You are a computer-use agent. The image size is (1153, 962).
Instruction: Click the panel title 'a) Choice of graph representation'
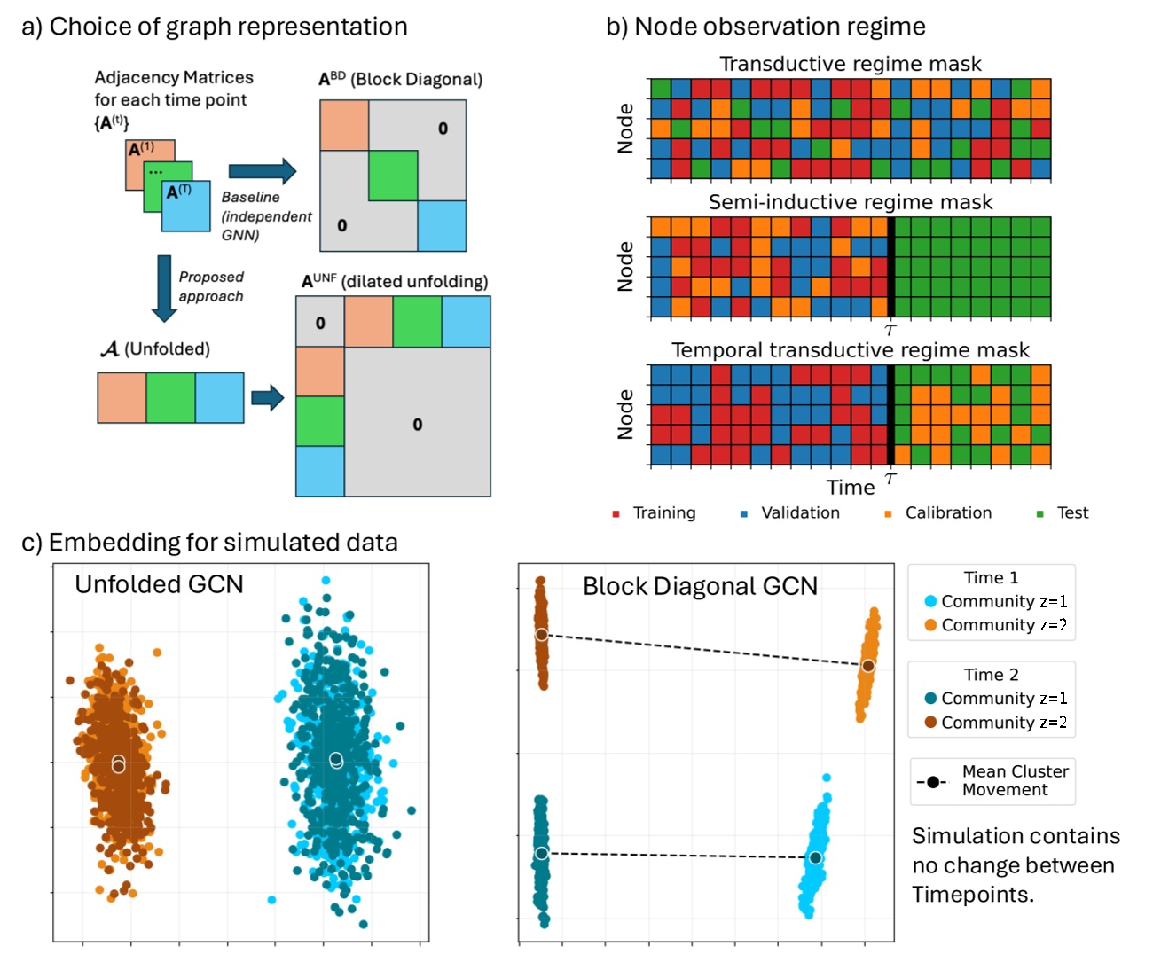[214, 27]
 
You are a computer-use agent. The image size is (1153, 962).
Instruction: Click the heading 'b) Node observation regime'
[765, 27]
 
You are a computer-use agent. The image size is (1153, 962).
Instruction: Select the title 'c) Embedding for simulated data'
[209, 542]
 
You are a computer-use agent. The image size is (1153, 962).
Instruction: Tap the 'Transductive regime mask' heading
[850, 64]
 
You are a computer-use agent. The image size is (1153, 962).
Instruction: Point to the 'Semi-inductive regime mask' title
[850, 202]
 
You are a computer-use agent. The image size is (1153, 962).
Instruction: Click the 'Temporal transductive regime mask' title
[850, 350]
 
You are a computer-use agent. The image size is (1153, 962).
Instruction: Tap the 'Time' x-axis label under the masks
[850, 488]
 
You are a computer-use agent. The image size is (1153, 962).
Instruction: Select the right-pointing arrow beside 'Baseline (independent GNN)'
[262, 171]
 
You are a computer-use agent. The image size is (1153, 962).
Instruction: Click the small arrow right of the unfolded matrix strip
[267, 397]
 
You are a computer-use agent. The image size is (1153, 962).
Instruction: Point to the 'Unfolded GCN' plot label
[159, 584]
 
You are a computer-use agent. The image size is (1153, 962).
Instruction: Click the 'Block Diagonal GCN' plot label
[700, 586]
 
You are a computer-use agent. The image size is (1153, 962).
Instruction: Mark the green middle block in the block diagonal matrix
[393, 176]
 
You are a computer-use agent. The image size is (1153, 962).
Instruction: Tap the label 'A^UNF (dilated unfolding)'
[395, 281]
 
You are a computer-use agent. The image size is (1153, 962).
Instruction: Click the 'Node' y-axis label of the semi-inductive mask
[625, 267]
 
